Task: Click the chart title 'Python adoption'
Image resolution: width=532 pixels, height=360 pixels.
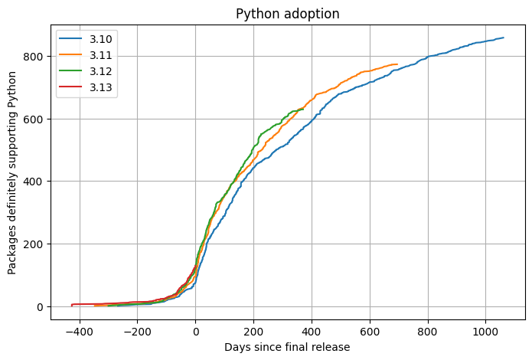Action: pos(287,14)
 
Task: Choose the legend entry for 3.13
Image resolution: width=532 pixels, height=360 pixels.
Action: pos(100,87)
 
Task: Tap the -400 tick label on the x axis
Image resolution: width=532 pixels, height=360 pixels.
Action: pos(79,332)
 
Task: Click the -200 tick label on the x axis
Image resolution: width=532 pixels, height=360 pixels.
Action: pos(137,332)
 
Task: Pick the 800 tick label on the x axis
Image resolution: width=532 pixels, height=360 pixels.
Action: pos(428,332)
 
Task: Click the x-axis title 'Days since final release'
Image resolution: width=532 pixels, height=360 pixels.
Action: pos(287,347)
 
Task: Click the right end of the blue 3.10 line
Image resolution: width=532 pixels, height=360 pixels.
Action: pos(503,38)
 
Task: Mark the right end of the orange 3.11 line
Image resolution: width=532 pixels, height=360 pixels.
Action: pos(397,64)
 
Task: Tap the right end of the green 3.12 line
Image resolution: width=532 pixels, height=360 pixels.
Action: pos(303,109)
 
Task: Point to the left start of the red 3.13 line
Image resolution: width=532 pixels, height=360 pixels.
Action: pos(72,305)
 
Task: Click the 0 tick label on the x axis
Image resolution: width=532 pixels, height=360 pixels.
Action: pos(195,332)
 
